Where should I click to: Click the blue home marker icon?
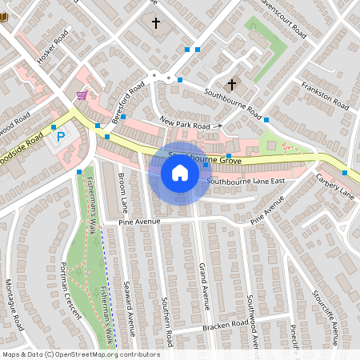(179, 172)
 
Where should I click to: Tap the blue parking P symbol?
(60, 138)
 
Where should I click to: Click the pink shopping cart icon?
(81, 94)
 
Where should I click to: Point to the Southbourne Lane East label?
(246, 182)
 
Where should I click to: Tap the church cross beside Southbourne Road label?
(232, 84)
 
